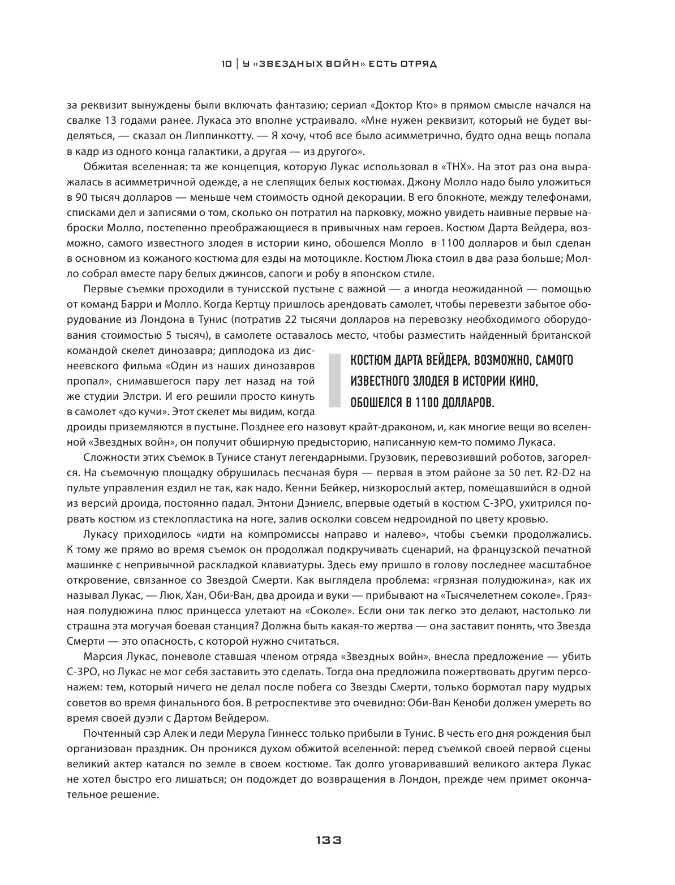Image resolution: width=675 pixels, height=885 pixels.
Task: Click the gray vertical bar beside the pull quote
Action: point(335,381)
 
